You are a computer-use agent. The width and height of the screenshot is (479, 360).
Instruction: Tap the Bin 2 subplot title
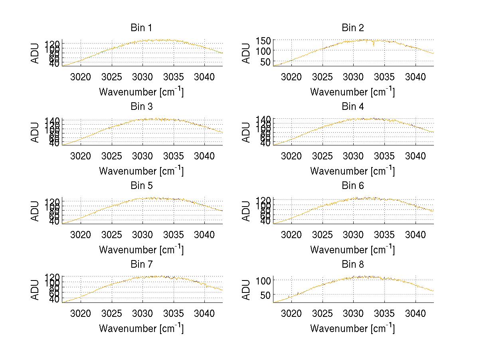click(x=353, y=28)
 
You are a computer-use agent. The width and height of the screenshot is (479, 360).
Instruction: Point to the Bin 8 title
click(x=353, y=265)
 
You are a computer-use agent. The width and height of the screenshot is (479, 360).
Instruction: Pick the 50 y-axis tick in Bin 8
click(x=264, y=295)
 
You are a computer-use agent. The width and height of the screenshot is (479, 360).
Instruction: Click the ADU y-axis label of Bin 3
click(x=36, y=132)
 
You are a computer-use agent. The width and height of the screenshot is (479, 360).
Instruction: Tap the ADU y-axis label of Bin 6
click(x=247, y=211)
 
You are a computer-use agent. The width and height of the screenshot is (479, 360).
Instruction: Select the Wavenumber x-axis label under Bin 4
click(x=353, y=171)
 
